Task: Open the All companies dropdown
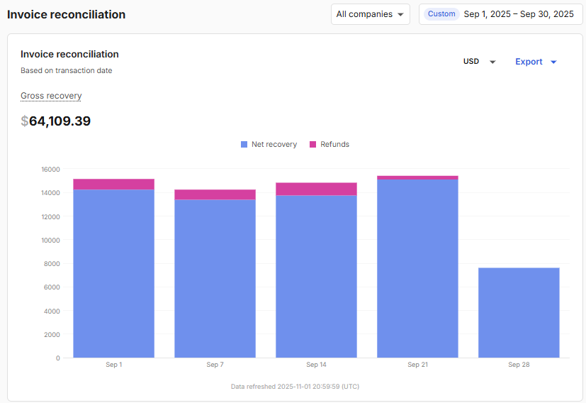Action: tap(370, 14)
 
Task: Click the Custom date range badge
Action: tap(441, 14)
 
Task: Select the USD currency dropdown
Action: tap(479, 62)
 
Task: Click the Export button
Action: tap(536, 62)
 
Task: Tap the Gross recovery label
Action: tap(51, 96)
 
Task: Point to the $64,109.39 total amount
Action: tap(56, 121)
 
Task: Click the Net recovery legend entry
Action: tap(269, 145)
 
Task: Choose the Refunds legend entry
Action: tap(329, 145)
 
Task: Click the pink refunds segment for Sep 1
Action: tap(113, 184)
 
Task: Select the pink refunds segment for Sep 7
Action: tap(215, 194)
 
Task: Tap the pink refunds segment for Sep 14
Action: tap(316, 189)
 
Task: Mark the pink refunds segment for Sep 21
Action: tap(417, 177)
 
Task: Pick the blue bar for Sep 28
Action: tap(519, 312)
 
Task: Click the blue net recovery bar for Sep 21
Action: tap(417, 270)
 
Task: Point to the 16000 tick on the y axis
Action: tap(50, 170)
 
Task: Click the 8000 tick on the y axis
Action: tap(52, 264)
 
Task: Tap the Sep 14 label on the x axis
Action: tap(316, 365)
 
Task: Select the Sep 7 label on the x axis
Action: tap(215, 365)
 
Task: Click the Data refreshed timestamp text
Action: tap(295, 387)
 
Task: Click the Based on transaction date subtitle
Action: tap(67, 71)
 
